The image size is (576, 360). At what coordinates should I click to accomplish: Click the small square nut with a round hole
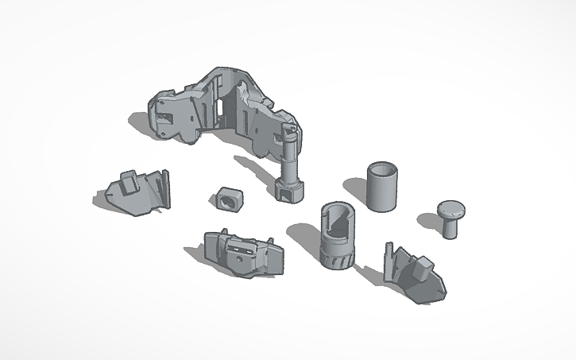[x=228, y=199]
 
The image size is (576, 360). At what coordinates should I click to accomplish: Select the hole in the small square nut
[x=230, y=200]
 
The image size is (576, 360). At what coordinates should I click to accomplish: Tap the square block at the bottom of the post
[x=288, y=191]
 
